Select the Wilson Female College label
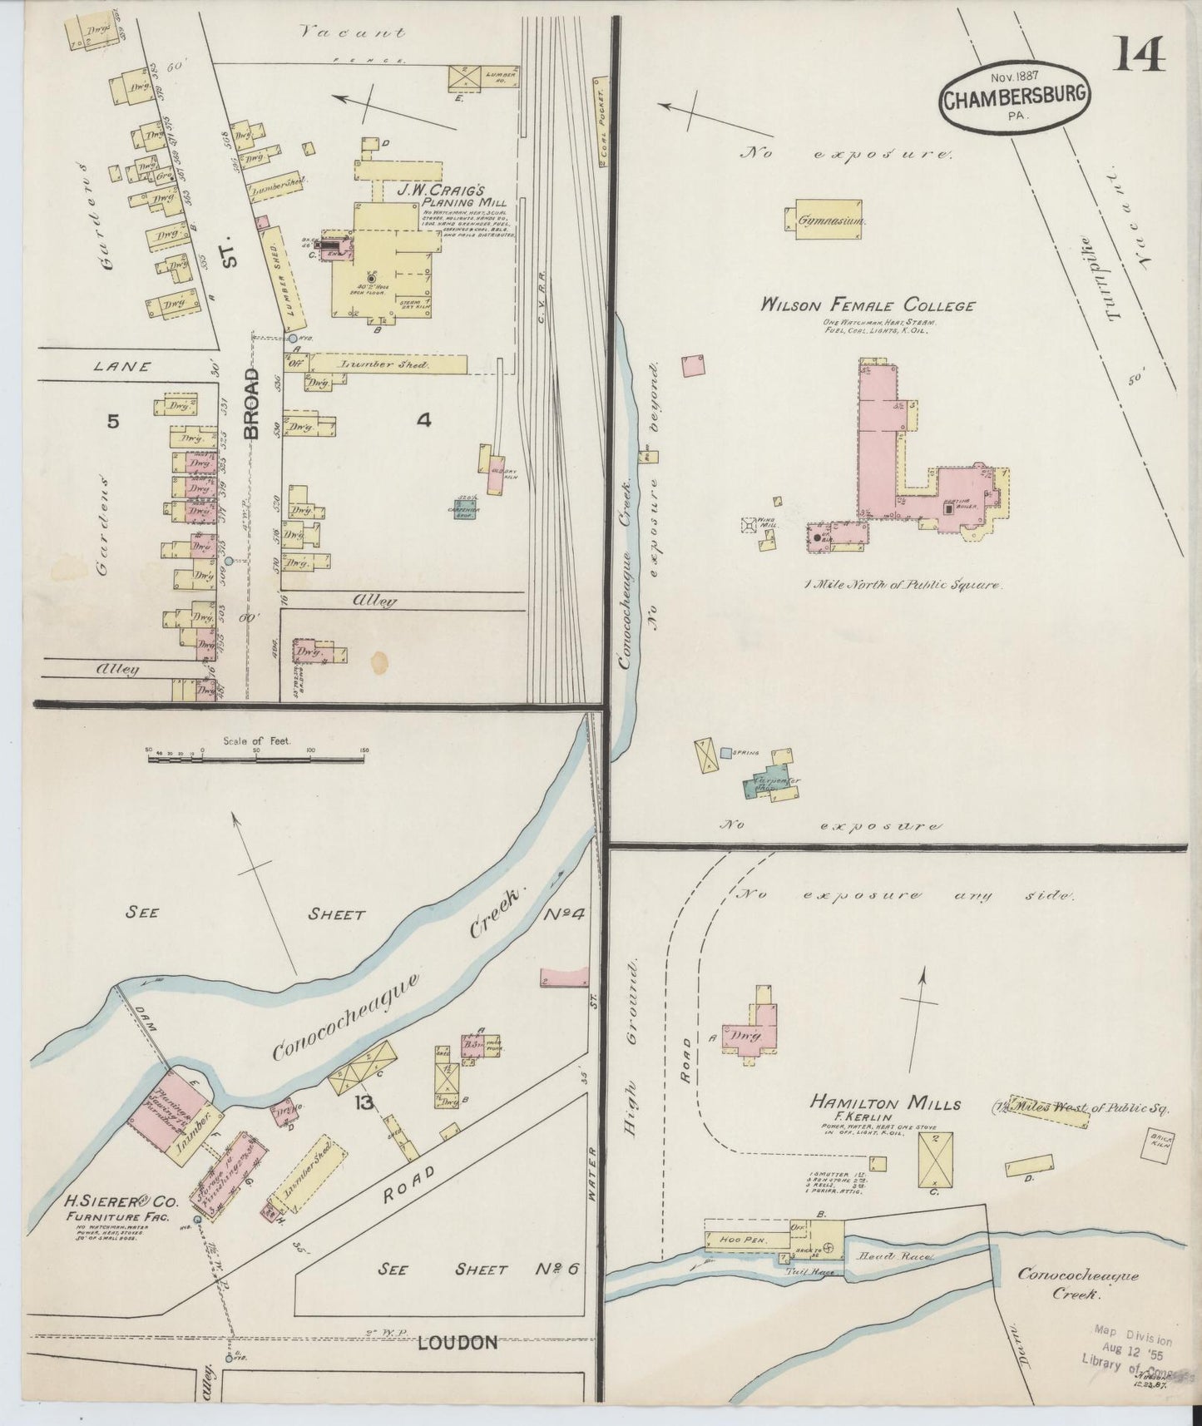point(868,305)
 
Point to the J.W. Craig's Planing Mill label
point(452,195)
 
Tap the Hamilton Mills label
point(886,1103)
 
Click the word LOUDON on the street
point(457,1341)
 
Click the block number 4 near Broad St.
point(423,421)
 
